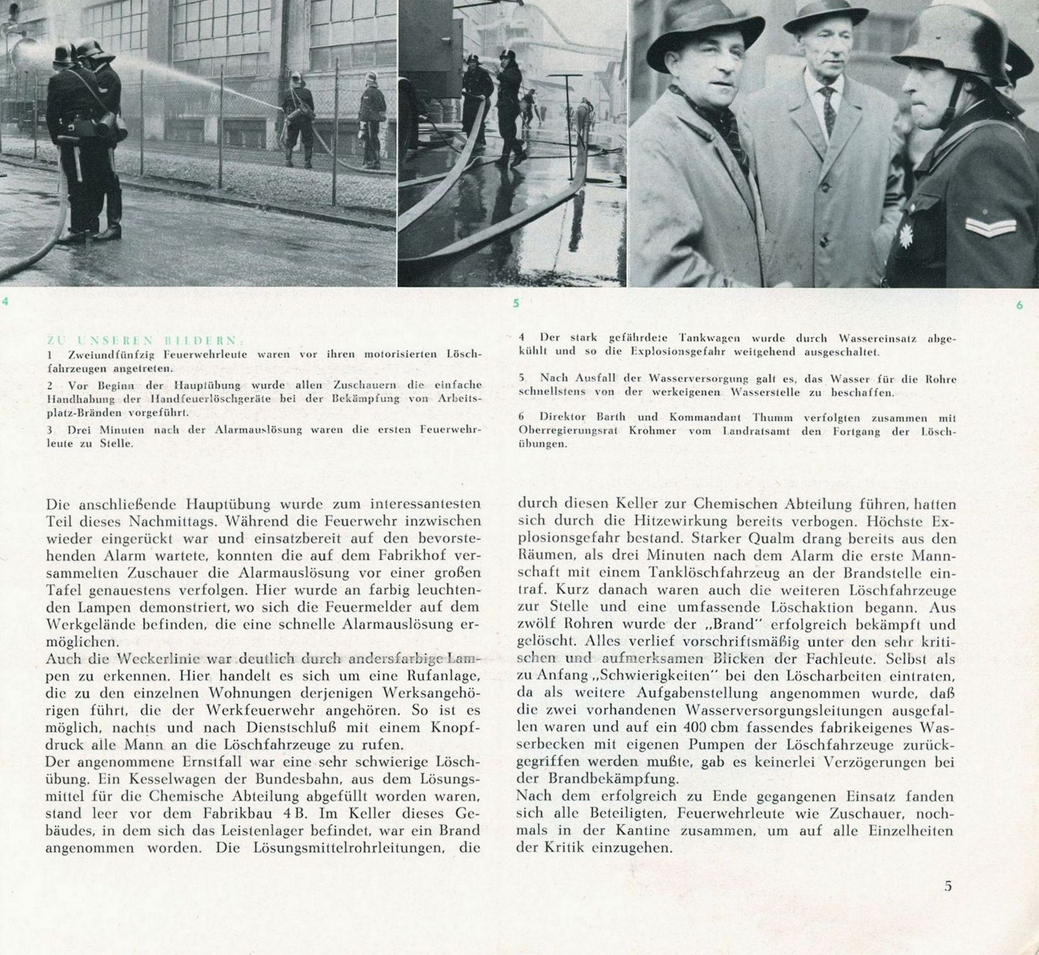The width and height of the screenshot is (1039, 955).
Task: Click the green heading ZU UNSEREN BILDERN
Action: tap(146, 340)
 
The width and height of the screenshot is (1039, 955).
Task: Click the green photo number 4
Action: tap(5, 302)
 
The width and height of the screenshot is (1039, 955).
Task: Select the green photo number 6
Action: tap(1019, 305)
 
